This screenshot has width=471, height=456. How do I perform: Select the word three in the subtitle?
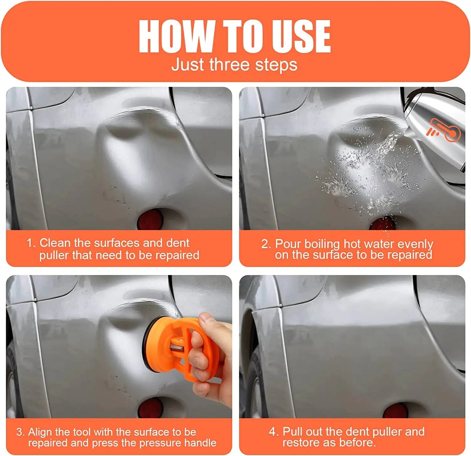(x=230, y=64)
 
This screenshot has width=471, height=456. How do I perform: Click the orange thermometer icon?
(x=445, y=130)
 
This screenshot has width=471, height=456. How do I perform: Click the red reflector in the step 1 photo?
(x=150, y=219)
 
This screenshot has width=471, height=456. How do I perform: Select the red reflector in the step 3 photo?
(x=150, y=408)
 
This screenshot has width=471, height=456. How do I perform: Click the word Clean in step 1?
(x=55, y=243)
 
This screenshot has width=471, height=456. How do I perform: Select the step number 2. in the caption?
(x=266, y=244)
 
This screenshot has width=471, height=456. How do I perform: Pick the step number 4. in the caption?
(x=273, y=432)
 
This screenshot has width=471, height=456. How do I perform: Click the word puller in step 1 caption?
(x=54, y=255)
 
